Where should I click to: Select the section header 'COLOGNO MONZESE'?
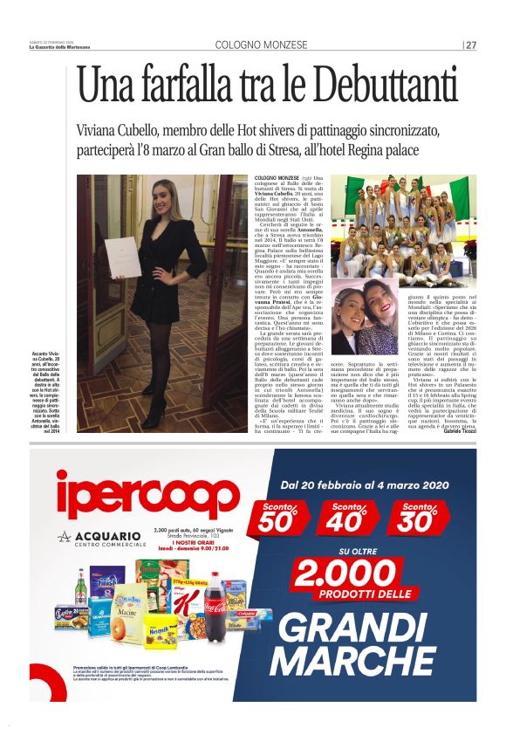coord(261,45)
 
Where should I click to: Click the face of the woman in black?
coord(154,207)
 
